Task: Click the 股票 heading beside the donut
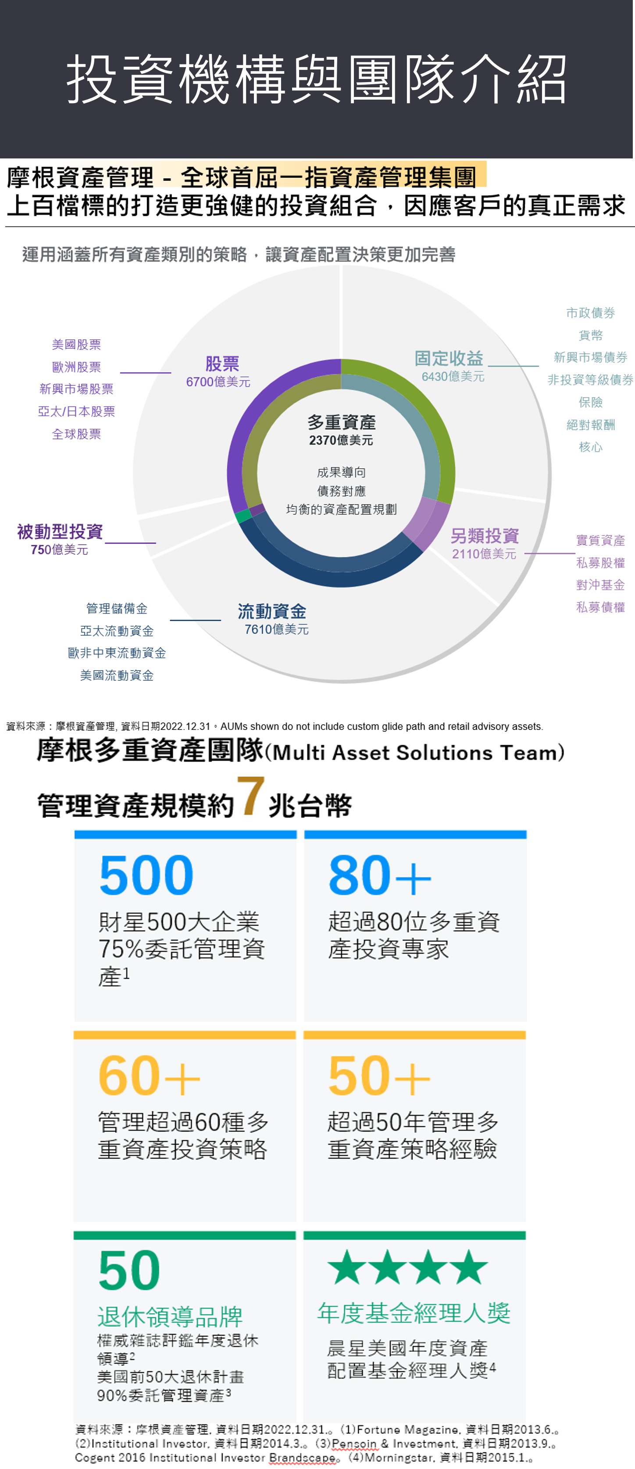click(x=222, y=364)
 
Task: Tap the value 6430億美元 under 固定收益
click(x=453, y=377)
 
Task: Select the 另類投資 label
click(x=485, y=536)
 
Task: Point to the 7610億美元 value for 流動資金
click(x=276, y=629)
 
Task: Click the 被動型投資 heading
click(x=60, y=532)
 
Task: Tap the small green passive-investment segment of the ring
click(x=243, y=516)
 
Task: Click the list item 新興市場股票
click(x=76, y=389)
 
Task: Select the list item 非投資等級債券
click(x=590, y=380)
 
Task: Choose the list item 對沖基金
click(x=600, y=585)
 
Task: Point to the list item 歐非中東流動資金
click(x=117, y=653)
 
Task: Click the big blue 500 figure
click(x=146, y=875)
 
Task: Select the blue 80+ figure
click(x=379, y=875)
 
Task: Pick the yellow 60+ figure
click(x=149, y=1076)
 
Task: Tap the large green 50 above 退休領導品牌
click(x=129, y=1270)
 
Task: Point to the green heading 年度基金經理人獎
click(x=414, y=1313)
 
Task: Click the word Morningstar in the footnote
click(x=400, y=1458)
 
